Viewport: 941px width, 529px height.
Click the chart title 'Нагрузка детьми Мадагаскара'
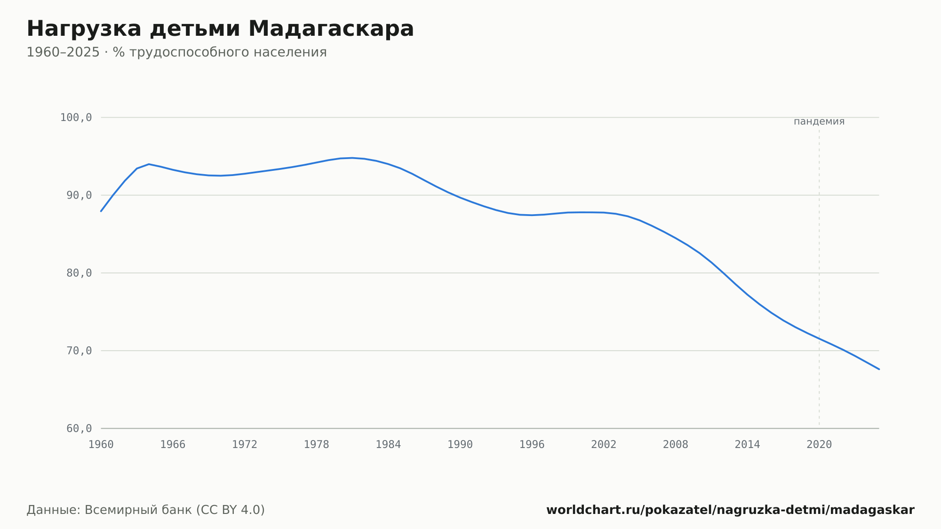click(220, 29)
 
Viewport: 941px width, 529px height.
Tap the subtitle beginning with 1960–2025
click(176, 52)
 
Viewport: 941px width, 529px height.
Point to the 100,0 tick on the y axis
click(76, 118)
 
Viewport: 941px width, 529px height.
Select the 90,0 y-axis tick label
click(79, 195)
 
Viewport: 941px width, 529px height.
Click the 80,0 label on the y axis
click(79, 273)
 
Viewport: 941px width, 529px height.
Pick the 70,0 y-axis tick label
click(79, 351)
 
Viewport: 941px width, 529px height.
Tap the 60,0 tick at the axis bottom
click(79, 428)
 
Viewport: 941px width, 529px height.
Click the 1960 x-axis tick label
click(101, 445)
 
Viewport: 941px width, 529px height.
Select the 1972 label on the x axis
click(245, 445)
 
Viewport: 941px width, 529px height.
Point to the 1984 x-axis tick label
click(388, 445)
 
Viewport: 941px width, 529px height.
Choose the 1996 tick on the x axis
click(532, 445)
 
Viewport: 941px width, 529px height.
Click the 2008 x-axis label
click(676, 445)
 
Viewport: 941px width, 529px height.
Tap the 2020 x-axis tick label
click(819, 445)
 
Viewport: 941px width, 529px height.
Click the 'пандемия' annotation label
click(819, 121)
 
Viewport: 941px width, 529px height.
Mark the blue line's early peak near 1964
click(149, 164)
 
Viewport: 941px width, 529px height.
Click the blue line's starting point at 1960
click(101, 211)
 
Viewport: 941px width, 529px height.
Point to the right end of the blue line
click(879, 369)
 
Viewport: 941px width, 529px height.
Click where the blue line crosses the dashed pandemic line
click(819, 339)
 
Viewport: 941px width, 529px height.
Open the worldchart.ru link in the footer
click(730, 510)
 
